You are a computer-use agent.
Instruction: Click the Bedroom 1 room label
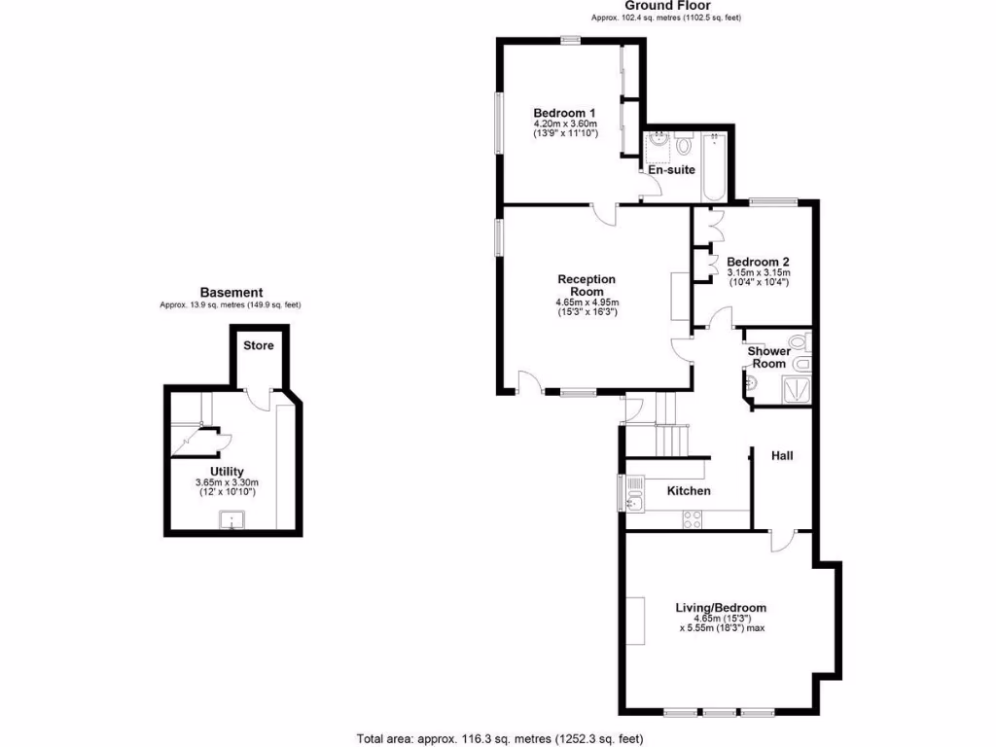click(564, 113)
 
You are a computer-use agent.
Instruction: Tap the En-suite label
click(671, 170)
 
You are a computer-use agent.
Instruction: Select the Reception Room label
click(587, 285)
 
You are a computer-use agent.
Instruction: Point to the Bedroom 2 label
click(758, 262)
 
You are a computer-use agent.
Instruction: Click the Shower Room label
click(768, 357)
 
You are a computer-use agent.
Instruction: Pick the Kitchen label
click(689, 491)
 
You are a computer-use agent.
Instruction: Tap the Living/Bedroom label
click(721, 608)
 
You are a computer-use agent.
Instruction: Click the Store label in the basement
click(259, 345)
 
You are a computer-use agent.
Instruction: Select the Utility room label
click(228, 472)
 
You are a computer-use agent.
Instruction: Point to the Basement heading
click(231, 292)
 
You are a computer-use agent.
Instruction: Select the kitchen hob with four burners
click(694, 519)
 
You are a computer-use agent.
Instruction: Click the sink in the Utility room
click(232, 520)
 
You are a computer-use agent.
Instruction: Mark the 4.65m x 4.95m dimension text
click(587, 302)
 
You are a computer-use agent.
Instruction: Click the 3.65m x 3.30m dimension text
click(228, 483)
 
